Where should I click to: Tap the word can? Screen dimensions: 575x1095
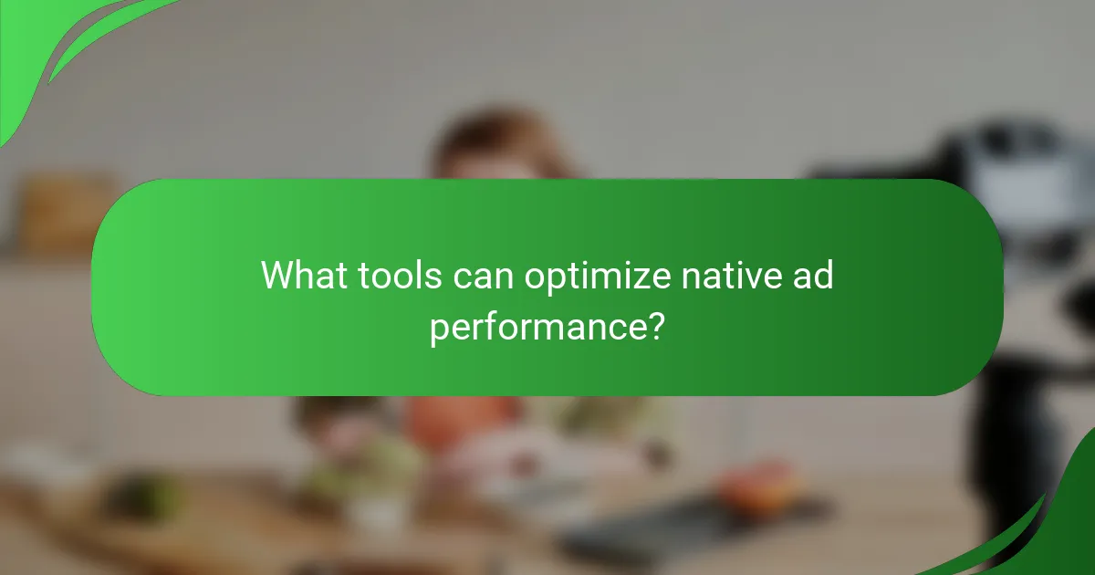(x=485, y=275)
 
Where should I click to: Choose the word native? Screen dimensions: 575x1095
(x=730, y=275)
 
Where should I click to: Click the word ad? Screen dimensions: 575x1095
(x=811, y=275)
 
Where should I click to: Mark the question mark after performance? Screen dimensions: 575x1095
(x=654, y=325)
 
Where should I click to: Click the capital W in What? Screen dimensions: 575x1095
(x=278, y=275)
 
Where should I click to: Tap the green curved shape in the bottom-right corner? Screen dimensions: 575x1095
(x=1049, y=529)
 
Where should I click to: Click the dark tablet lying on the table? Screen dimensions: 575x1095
(x=639, y=529)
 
